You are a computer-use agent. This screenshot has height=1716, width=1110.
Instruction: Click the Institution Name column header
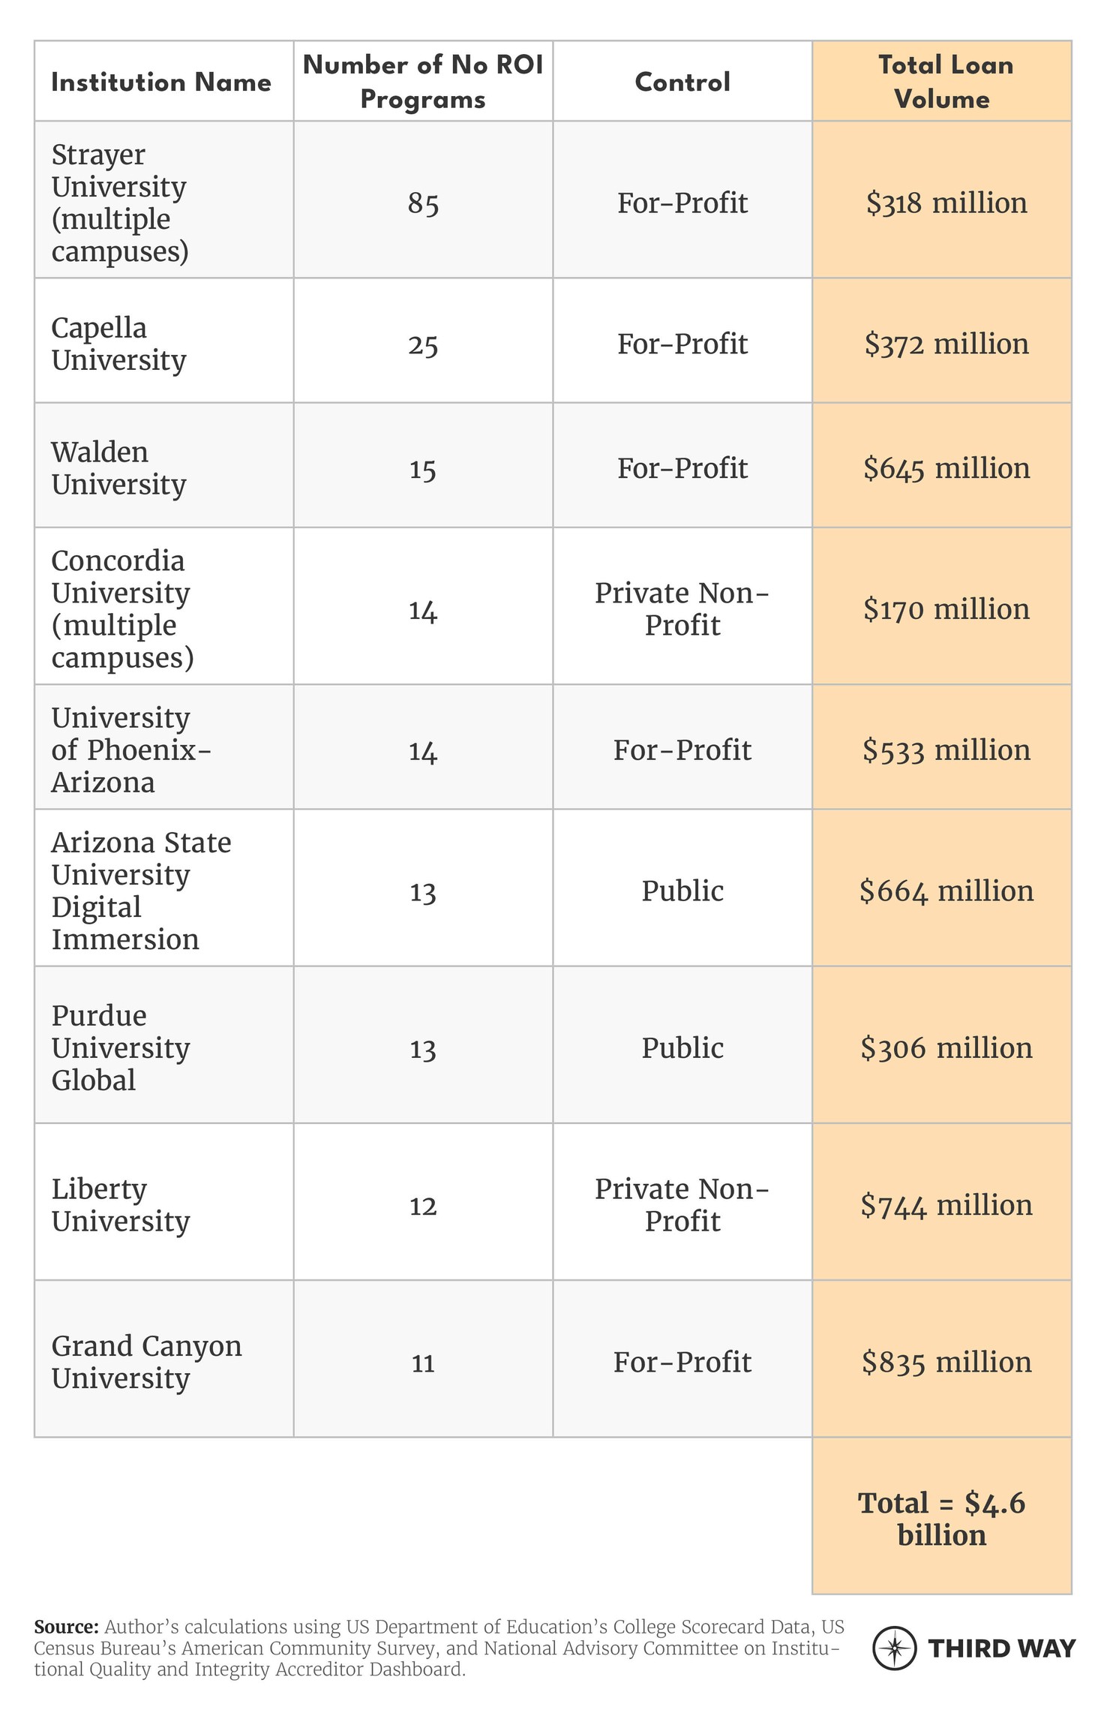[x=160, y=82]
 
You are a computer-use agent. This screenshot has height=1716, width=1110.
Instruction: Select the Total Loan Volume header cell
[x=943, y=82]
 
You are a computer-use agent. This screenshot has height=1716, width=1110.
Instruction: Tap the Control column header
[x=682, y=82]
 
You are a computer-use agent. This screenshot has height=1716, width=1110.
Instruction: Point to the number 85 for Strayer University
[x=423, y=203]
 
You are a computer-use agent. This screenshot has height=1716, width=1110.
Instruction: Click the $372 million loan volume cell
[x=946, y=344]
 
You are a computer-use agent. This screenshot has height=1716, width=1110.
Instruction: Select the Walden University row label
[x=118, y=468]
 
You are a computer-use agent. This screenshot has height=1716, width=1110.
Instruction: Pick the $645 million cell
[x=946, y=468]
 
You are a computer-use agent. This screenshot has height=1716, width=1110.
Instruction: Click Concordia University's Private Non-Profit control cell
[x=682, y=609]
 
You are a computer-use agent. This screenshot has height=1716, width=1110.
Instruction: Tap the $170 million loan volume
[x=946, y=609]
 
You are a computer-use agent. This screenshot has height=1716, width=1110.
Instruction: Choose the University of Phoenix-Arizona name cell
[x=130, y=750]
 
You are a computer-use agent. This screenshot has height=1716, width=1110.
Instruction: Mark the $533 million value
[x=946, y=750]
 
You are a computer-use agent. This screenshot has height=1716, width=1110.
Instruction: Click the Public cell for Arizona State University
[x=682, y=891]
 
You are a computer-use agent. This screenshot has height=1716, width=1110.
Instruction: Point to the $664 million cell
[x=946, y=891]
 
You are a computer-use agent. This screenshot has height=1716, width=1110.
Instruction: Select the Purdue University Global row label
[x=120, y=1047]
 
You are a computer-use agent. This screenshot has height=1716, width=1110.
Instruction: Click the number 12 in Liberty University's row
[x=423, y=1205]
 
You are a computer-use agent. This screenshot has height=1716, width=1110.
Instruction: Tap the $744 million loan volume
[x=946, y=1205]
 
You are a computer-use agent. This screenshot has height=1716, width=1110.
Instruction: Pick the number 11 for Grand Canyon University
[x=423, y=1362]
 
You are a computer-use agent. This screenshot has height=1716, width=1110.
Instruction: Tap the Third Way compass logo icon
[x=894, y=1648]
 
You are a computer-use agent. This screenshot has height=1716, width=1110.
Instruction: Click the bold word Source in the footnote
[x=66, y=1627]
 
